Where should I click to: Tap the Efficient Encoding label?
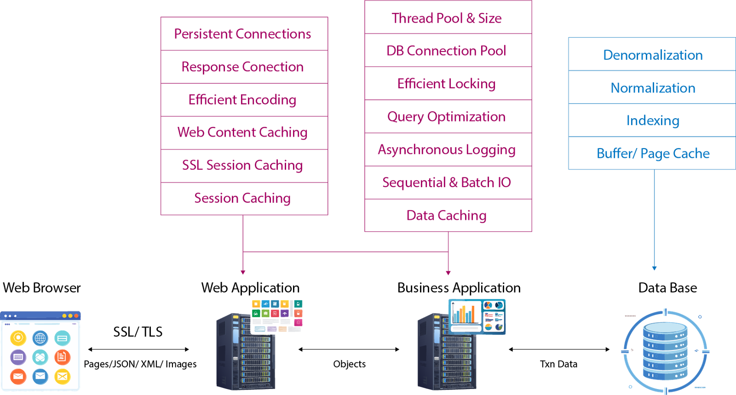pos(243,100)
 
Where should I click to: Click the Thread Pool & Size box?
pos(448,18)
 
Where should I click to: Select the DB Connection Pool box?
pos(448,51)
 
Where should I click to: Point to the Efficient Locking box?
pos(448,84)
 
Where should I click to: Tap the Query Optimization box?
pos(448,117)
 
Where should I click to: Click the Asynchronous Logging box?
pos(448,150)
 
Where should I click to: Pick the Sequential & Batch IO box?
pos(448,183)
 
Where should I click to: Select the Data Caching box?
pos(448,216)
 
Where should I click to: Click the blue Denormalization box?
pos(652,55)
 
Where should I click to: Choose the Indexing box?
pos(652,120)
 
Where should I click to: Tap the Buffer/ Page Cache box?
pos(652,153)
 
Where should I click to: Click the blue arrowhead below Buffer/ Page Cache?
pos(654,268)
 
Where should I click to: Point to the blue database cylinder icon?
pos(665,351)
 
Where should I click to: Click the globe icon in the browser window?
pos(40,338)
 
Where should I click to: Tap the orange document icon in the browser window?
pos(62,357)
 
